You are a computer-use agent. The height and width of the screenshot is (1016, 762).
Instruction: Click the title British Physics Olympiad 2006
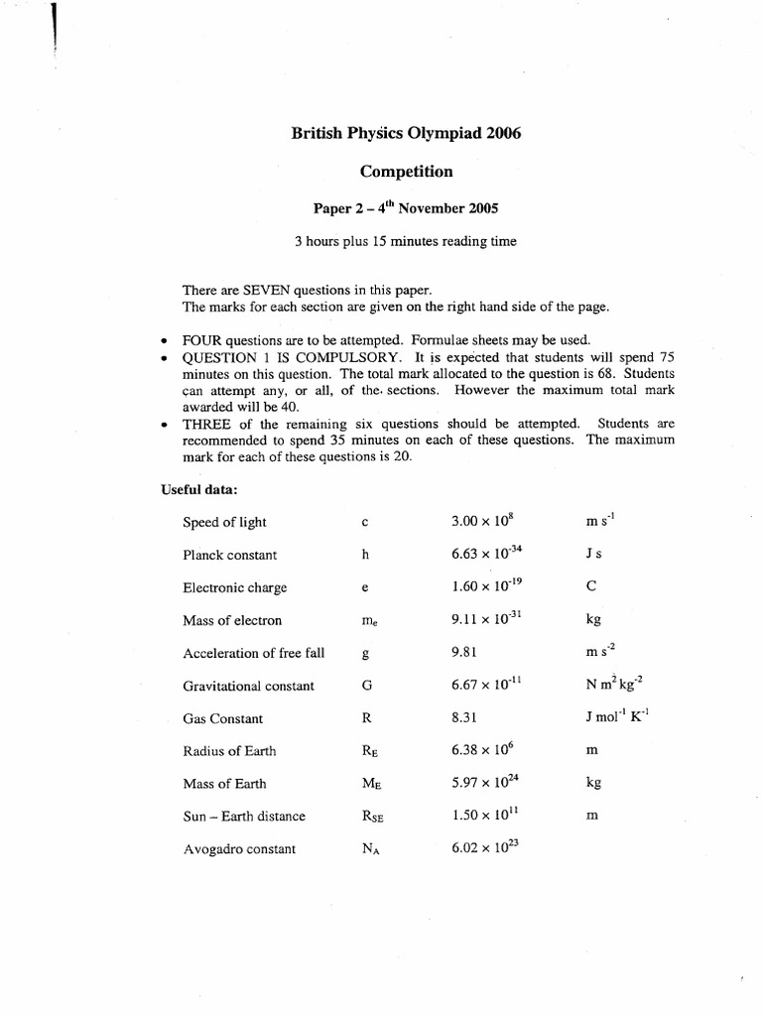click(406, 134)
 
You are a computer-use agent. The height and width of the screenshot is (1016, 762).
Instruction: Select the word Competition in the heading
click(406, 172)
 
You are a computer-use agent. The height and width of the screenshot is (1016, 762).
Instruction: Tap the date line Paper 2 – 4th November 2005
click(406, 208)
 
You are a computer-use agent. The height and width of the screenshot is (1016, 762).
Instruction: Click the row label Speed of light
click(224, 522)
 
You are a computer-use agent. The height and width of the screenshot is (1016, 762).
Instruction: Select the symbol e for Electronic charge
click(365, 588)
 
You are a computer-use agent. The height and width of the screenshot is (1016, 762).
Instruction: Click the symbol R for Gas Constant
click(367, 718)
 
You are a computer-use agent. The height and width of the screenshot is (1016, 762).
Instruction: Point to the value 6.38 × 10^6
click(482, 750)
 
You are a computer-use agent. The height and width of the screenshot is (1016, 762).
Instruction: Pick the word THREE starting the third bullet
click(205, 424)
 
